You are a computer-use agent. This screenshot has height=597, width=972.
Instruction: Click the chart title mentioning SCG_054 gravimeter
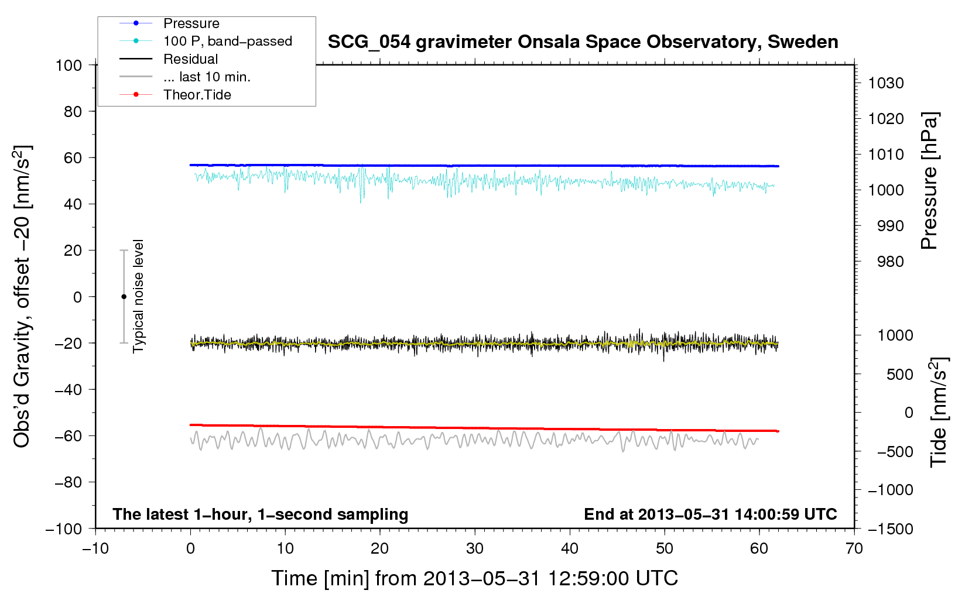pyautogui.click(x=583, y=42)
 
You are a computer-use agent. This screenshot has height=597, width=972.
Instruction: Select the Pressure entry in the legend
pyautogui.click(x=191, y=23)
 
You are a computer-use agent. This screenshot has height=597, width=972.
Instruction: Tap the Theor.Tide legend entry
pyautogui.click(x=197, y=95)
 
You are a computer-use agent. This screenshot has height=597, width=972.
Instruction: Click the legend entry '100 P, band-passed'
pyautogui.click(x=227, y=41)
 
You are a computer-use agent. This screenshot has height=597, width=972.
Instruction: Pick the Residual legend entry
pyautogui.click(x=190, y=59)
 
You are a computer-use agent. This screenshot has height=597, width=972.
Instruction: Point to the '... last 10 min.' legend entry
pyautogui.click(x=207, y=77)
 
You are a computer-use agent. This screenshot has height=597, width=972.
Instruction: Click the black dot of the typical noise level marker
pyautogui.click(x=124, y=297)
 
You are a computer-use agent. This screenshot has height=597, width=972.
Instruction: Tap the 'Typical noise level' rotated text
pyautogui.click(x=138, y=296)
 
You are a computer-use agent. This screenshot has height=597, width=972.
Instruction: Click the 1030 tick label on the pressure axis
pyautogui.click(x=886, y=83)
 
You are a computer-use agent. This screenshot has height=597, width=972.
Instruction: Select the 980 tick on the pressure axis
pyautogui.click(x=890, y=262)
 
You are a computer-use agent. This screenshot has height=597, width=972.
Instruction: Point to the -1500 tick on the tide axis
pyautogui.click(x=891, y=529)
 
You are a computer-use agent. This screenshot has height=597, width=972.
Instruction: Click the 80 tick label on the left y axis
pyautogui.click(x=73, y=111)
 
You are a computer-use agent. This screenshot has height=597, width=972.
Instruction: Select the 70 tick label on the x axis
pyautogui.click(x=854, y=548)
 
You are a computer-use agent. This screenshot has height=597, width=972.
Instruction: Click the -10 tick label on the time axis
pyautogui.click(x=95, y=548)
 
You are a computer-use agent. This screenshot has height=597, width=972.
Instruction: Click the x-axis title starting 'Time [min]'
pyautogui.click(x=474, y=578)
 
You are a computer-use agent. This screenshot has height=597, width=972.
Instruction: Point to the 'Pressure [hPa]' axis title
pyautogui.click(x=929, y=181)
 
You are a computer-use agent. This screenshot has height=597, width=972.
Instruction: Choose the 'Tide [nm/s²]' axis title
pyautogui.click(x=938, y=413)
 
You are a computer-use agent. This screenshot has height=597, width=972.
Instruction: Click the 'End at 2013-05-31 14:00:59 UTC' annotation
pyautogui.click(x=710, y=514)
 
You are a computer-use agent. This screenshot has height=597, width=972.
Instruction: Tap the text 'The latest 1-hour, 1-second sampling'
pyautogui.click(x=260, y=514)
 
